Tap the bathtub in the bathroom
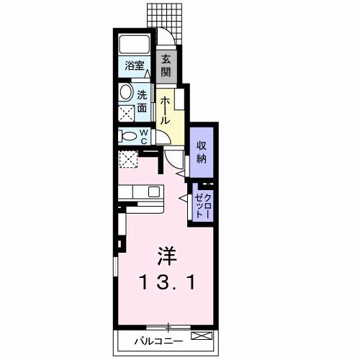[x=135, y=44]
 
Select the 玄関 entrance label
[x=166, y=66]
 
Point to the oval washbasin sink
[x=126, y=93]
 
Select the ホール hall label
[x=166, y=110]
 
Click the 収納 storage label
[x=202, y=152]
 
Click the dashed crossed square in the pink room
[x=130, y=161]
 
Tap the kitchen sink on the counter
[x=153, y=192]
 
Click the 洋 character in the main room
[x=166, y=256]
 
